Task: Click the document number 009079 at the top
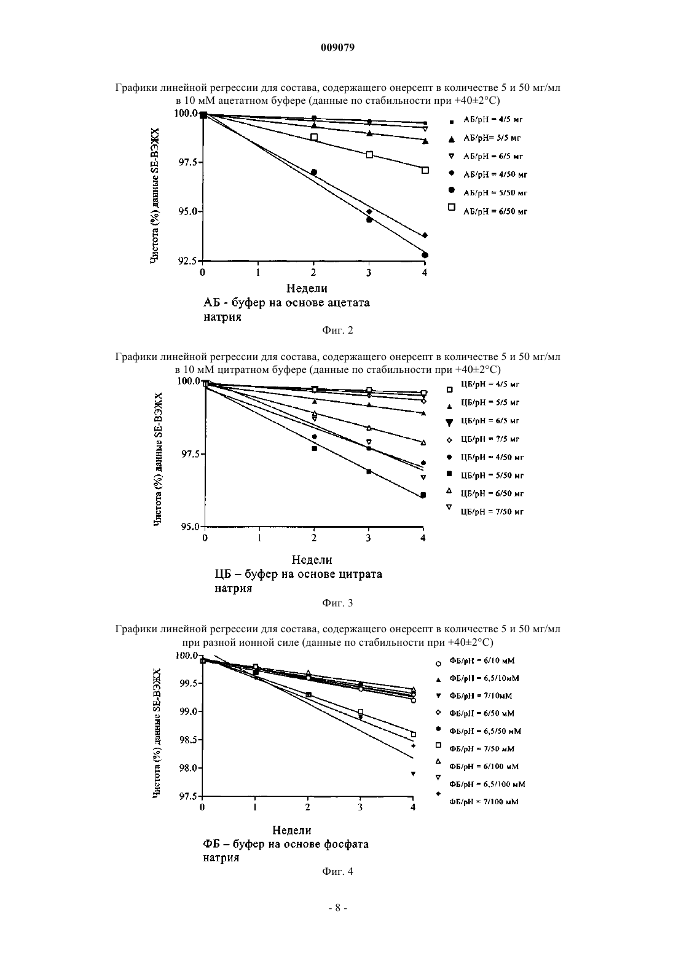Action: click(x=337, y=47)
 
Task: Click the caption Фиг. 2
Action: click(x=337, y=330)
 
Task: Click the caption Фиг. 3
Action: click(x=337, y=603)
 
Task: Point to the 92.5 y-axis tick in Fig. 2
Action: click(x=188, y=261)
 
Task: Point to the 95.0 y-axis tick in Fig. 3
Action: click(x=191, y=527)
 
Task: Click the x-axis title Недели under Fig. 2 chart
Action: click(x=307, y=289)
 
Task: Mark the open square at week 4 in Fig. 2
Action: click(x=425, y=170)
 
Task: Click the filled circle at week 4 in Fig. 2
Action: click(x=425, y=255)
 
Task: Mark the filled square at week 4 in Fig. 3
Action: click(x=423, y=495)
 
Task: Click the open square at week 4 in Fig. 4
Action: click(x=414, y=734)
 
